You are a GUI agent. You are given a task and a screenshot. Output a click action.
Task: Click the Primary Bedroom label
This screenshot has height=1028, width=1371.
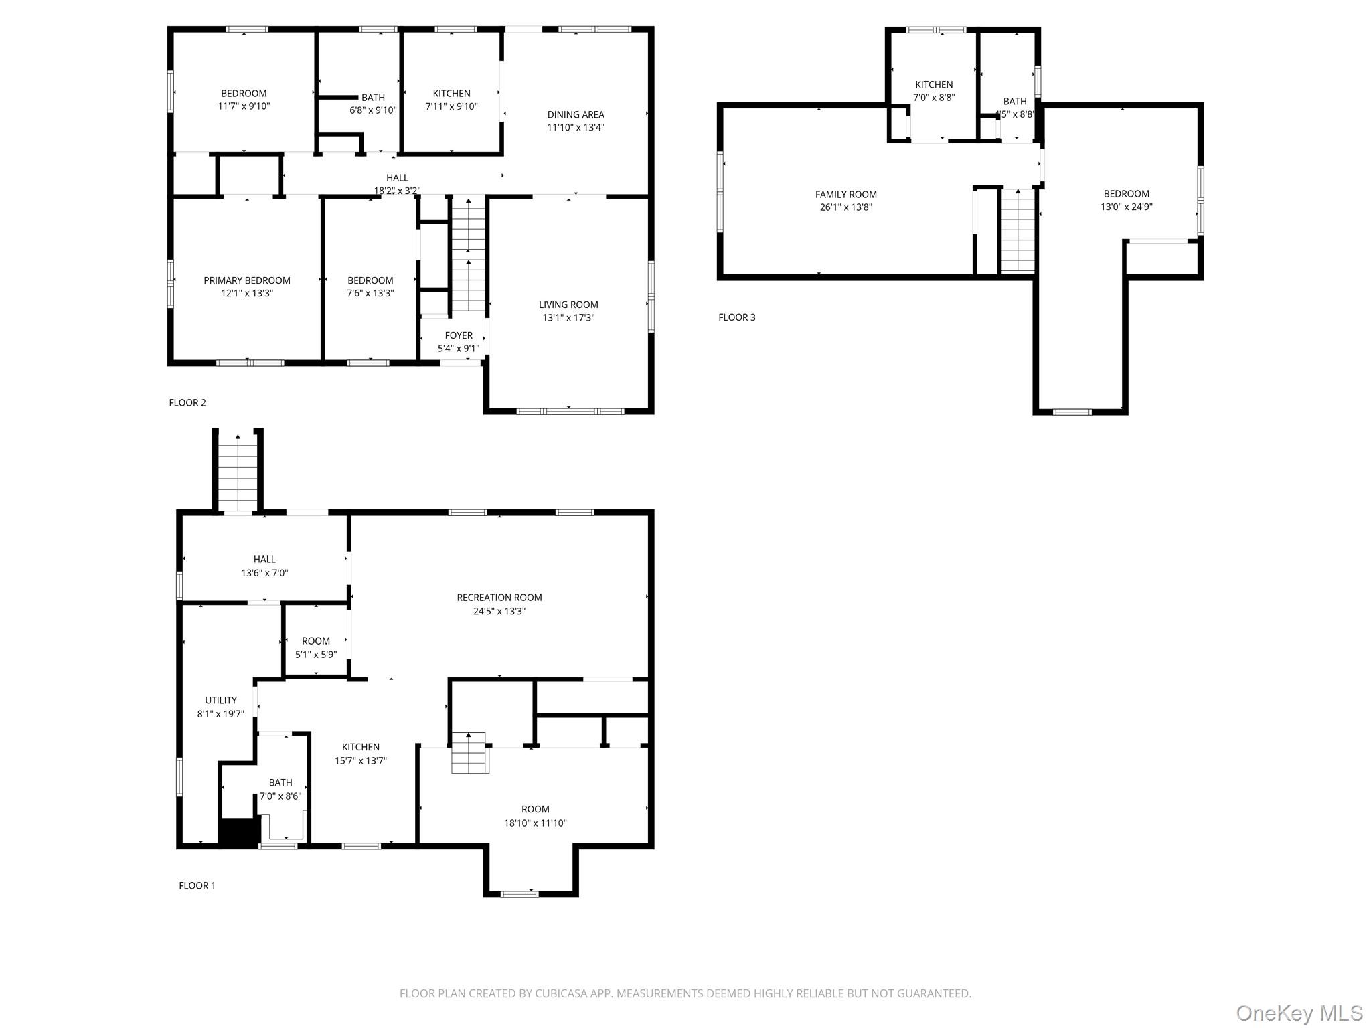point(247,280)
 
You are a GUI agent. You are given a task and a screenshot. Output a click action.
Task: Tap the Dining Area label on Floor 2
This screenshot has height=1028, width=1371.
point(576,114)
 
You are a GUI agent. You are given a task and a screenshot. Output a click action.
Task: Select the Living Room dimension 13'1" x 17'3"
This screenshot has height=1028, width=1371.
point(568,317)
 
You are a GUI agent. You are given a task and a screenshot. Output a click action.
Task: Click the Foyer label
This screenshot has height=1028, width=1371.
point(459,335)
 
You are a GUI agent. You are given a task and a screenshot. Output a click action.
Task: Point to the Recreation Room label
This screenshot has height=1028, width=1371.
point(499,598)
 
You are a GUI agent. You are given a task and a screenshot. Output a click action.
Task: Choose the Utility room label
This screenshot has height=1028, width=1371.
point(221,700)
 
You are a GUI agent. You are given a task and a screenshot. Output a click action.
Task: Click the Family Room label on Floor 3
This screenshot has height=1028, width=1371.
point(846,195)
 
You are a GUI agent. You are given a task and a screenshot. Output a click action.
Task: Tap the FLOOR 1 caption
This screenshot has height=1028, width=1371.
point(197,885)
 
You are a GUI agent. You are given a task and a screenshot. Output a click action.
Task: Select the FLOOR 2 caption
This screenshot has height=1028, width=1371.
point(187,402)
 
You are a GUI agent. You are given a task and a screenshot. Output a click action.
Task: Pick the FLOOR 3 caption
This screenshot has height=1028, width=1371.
point(737,317)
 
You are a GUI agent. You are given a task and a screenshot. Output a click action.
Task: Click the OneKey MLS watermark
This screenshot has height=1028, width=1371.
point(1299,1013)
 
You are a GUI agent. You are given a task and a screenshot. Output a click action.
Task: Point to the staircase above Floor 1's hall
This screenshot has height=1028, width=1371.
point(238,471)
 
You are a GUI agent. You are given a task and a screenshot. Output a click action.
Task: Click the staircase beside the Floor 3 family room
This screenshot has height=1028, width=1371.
point(1018,230)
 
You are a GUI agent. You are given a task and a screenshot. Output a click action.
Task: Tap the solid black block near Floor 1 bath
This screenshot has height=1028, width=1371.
point(239,832)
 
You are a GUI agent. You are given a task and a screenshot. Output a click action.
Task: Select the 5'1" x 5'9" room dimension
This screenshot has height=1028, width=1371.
point(316,655)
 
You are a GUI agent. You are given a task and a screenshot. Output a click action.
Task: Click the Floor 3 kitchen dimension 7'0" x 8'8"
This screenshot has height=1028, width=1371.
point(934,97)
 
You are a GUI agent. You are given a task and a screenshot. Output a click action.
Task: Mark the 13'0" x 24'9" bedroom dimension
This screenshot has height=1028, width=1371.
point(1127,207)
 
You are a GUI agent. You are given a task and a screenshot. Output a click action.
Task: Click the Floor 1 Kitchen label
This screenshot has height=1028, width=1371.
point(361,747)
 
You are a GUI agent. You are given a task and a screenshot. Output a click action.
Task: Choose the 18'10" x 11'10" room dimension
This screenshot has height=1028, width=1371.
point(536,823)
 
